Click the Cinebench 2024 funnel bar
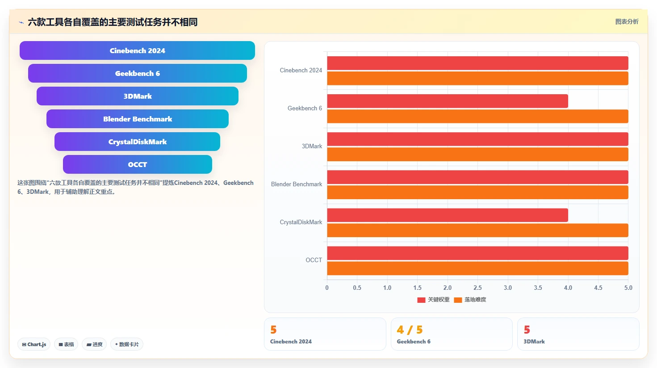137,50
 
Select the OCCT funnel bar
137,164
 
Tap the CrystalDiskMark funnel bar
137,142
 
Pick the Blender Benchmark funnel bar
137,119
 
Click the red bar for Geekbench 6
448,101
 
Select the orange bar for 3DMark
477,154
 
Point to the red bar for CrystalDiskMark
448,215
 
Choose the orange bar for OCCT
477,268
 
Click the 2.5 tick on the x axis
477,288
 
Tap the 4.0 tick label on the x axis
568,288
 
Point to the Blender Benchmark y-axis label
297,184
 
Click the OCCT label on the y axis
314,260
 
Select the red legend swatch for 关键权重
421,300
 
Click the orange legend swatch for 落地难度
458,300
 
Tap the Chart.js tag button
34,344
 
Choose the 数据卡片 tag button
127,344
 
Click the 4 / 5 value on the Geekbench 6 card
410,330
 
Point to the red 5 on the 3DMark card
527,330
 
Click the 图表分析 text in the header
627,22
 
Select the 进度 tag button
94,344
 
